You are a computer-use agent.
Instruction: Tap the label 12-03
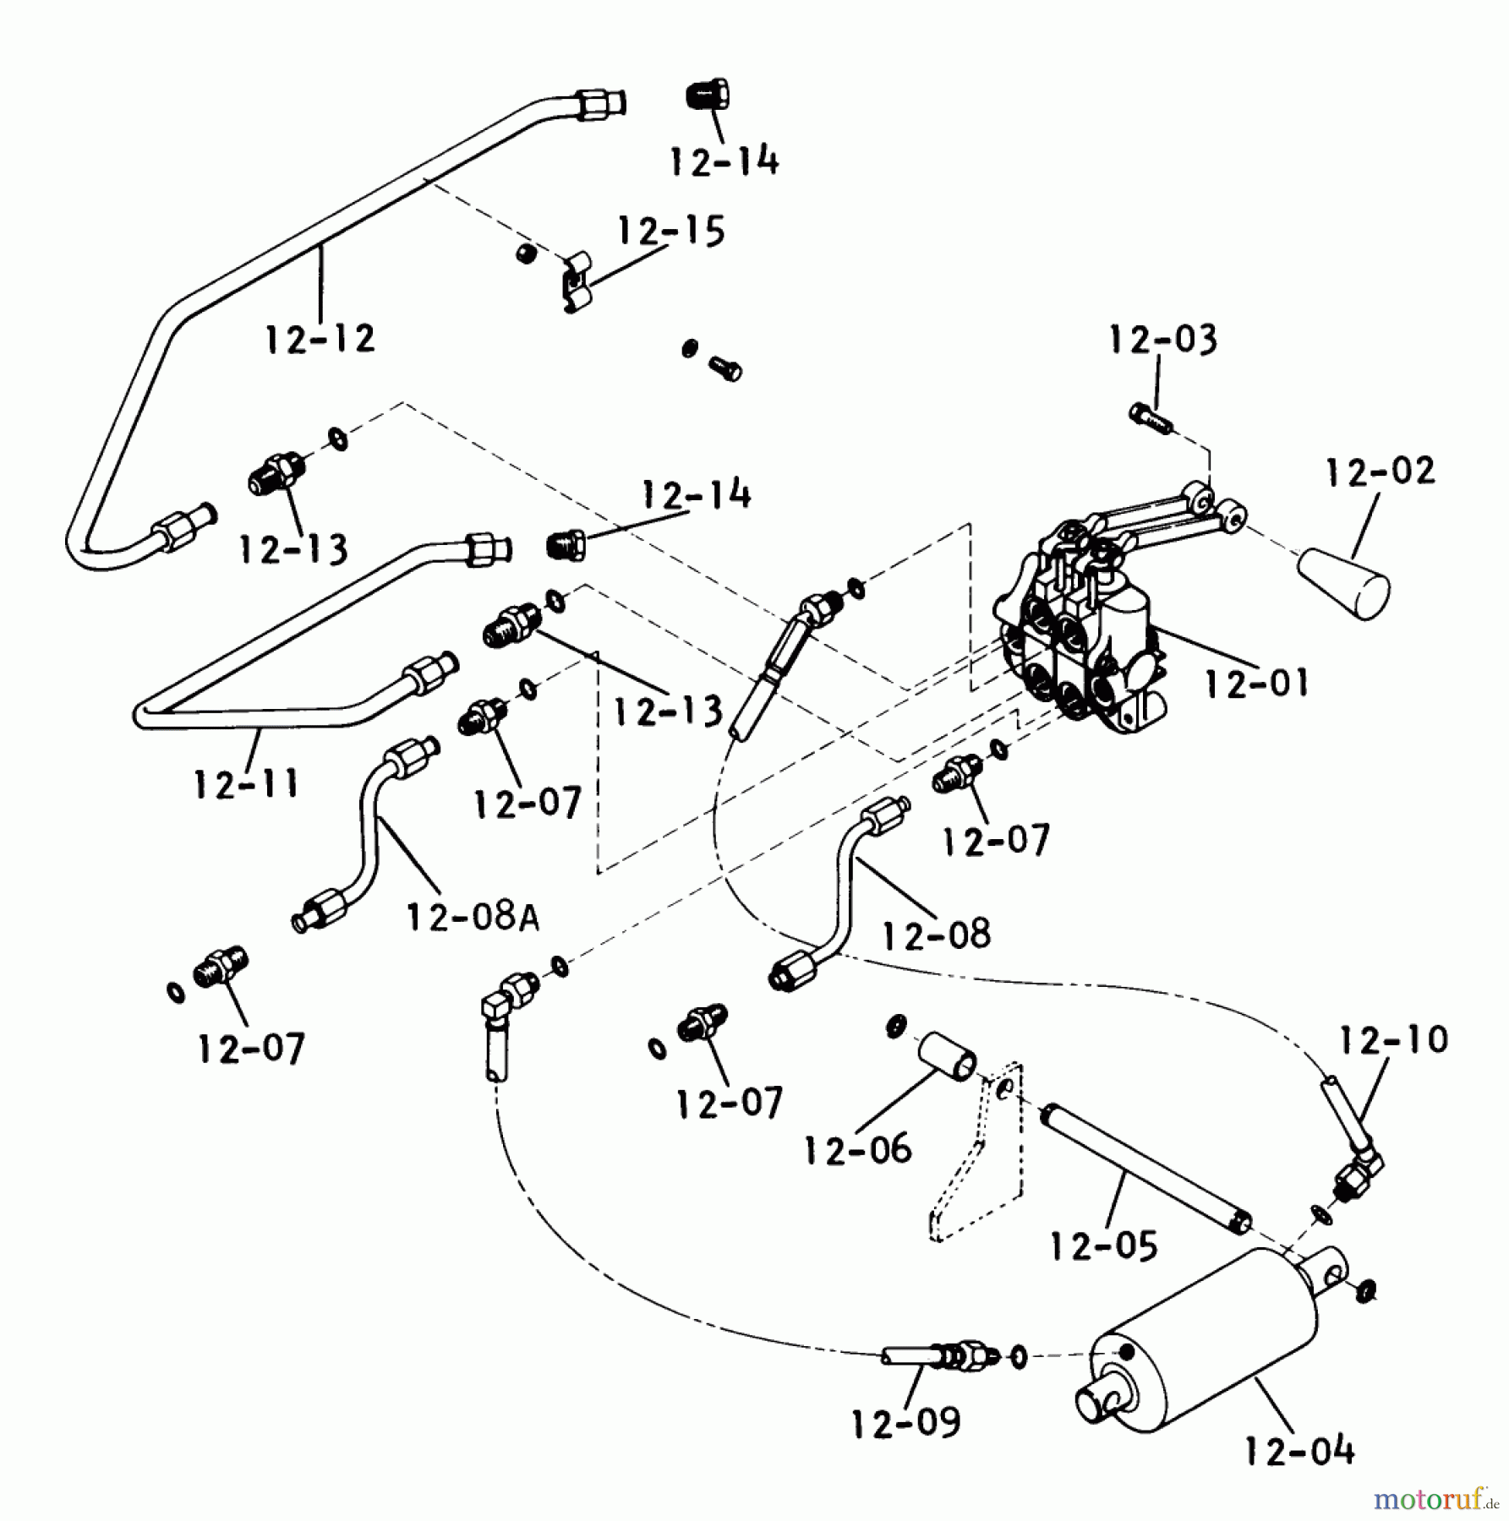[x=1162, y=340]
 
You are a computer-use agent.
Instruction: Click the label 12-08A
[x=473, y=916]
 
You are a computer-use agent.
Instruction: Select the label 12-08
[x=936, y=935]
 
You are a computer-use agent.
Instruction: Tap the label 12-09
[x=905, y=1423]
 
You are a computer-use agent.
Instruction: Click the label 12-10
[x=1393, y=1039]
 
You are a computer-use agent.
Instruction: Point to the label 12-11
[x=245, y=784]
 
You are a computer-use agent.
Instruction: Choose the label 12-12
[x=320, y=339]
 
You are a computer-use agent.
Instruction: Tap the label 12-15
[x=671, y=231]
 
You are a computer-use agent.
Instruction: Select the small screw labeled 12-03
[x=1150, y=417]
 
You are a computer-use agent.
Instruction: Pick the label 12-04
[x=1299, y=1451]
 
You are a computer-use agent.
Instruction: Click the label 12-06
[x=857, y=1149]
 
